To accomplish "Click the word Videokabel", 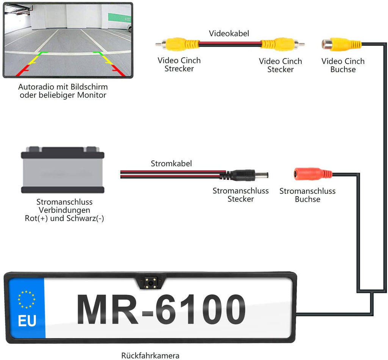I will [x=229, y=33].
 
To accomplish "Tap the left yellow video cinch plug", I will [x=178, y=44].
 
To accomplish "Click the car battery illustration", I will [x=63, y=169].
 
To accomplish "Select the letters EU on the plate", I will [x=27, y=321].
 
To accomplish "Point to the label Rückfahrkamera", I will [x=150, y=355].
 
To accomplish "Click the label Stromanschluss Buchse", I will [x=307, y=195].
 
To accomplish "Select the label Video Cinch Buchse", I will [x=343, y=65].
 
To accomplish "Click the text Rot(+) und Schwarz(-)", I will [x=64, y=219].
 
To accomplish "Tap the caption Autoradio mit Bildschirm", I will [x=63, y=87].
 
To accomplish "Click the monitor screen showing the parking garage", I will [x=68, y=40].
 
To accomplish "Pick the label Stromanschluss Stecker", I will [x=241, y=195].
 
